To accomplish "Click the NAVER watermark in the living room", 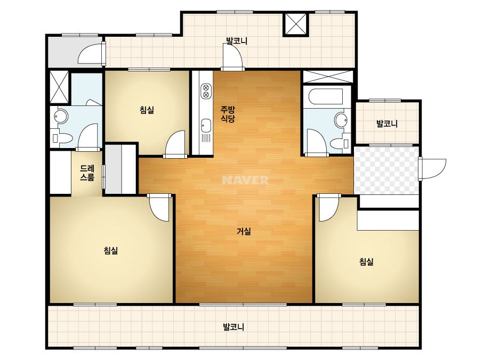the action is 245,180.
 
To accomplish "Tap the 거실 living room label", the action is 244,232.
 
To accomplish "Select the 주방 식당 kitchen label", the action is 228,114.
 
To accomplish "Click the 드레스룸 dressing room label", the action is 87,173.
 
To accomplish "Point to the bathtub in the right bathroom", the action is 326,96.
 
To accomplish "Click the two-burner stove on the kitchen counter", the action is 206,91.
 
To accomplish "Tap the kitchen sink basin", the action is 206,126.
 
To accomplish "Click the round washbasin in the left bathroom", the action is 61,117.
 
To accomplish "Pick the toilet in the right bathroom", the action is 339,144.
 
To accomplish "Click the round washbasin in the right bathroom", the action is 341,120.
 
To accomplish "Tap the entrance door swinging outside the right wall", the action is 432,169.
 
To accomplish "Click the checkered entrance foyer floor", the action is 386,170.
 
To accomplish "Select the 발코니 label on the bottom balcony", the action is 233,327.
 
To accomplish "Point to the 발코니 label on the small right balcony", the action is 387,124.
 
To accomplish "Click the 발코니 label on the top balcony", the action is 237,41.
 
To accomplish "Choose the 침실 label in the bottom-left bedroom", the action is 111,250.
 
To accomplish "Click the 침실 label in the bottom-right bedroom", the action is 366,261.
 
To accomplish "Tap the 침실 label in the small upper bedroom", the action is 147,110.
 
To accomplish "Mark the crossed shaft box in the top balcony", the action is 296,24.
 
